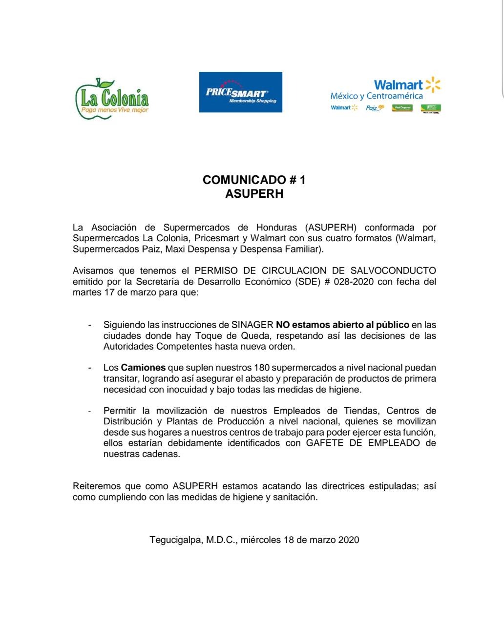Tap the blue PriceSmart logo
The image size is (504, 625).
tap(240, 92)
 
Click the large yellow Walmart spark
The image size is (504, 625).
tap(433, 84)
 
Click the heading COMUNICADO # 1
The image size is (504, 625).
tap(254, 180)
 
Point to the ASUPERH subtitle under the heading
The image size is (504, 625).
tap(254, 194)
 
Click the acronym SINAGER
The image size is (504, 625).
tap(252, 325)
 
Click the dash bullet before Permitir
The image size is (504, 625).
tap(89, 411)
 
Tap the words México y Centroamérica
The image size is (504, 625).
tap(377, 96)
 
